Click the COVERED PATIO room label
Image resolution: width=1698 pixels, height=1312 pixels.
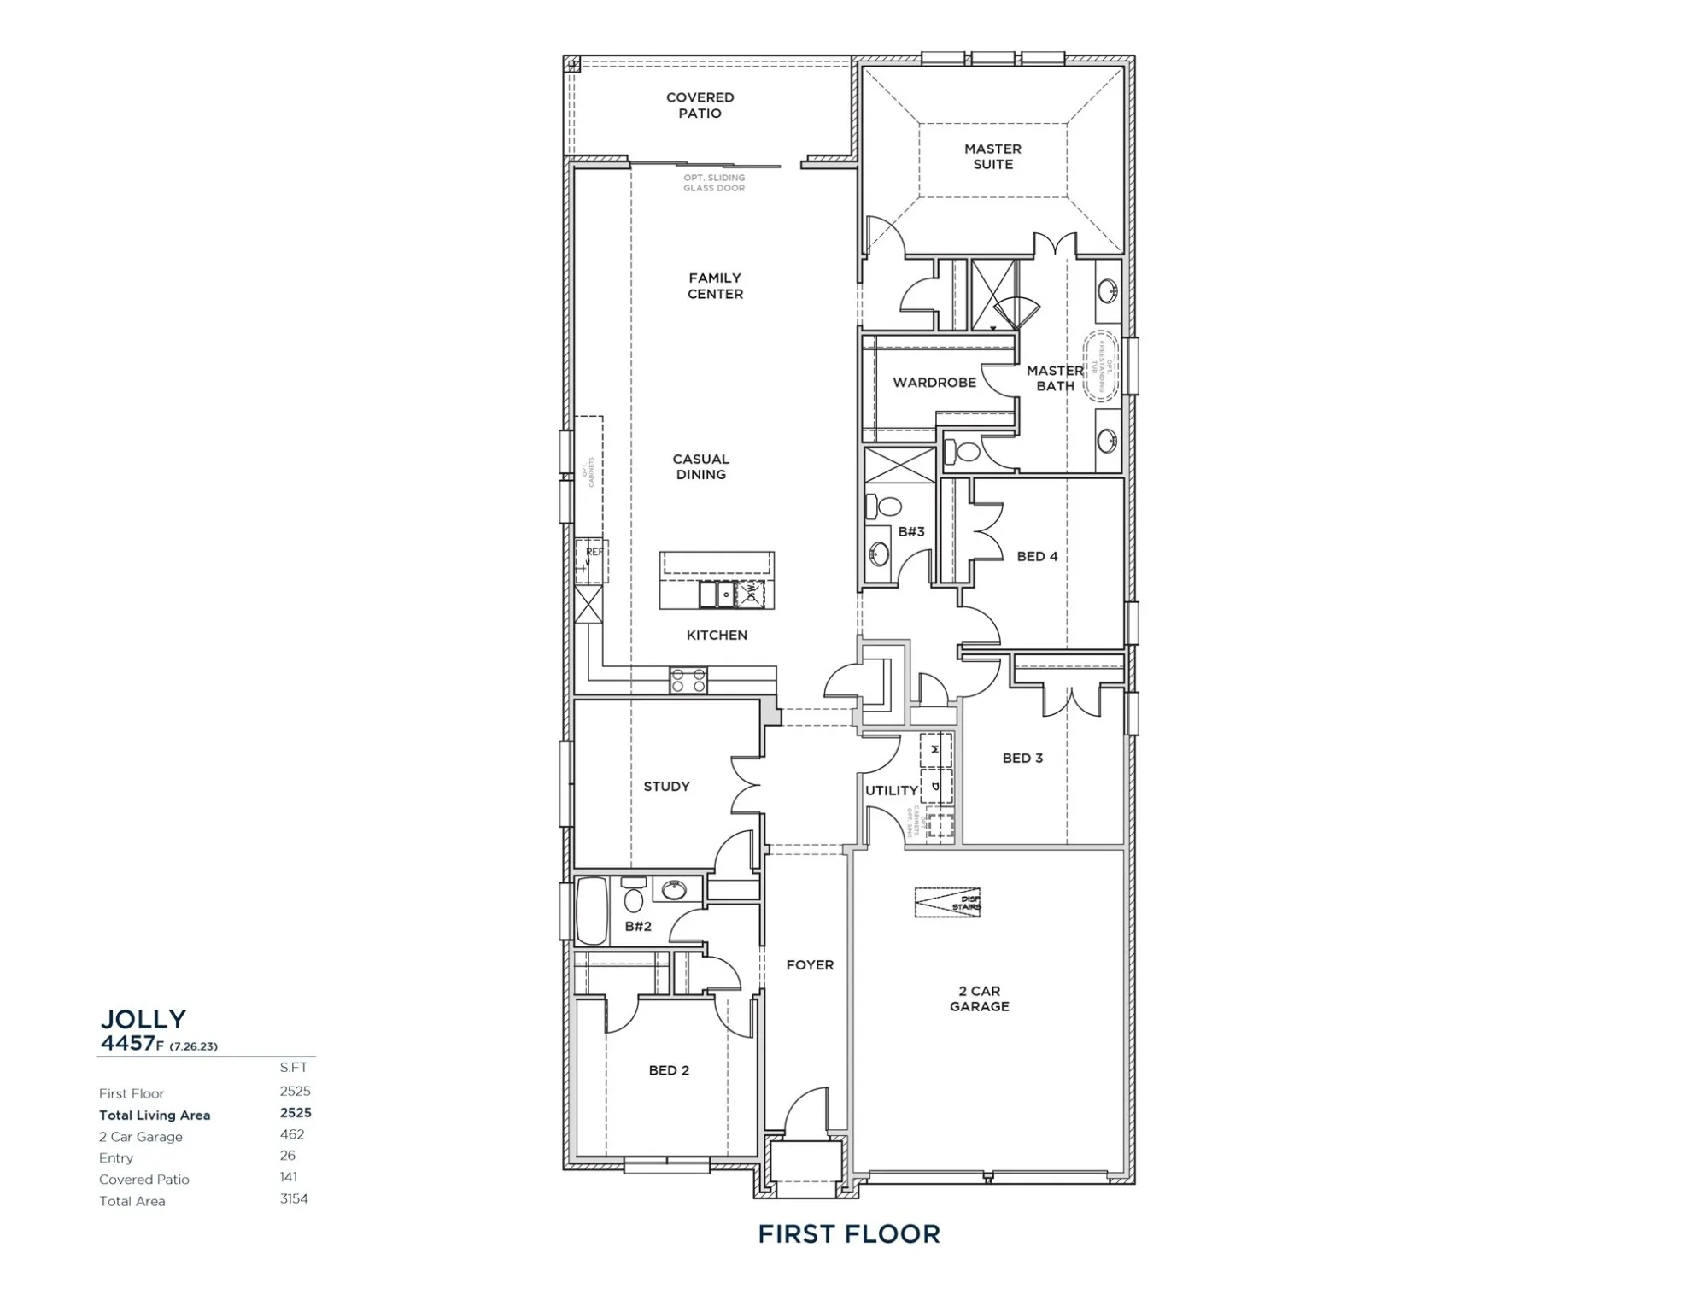click(x=700, y=105)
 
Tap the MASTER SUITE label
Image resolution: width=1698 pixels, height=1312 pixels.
click(x=992, y=156)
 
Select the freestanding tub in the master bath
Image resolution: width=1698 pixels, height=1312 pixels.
click(x=1100, y=366)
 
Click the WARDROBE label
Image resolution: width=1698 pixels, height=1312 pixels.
click(x=934, y=383)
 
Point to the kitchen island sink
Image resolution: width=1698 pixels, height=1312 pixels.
click(x=717, y=593)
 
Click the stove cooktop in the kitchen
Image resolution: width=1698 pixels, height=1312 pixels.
click(x=688, y=681)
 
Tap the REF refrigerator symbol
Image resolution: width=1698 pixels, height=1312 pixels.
click(x=590, y=560)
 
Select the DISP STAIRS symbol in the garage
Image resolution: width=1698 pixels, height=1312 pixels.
click(x=947, y=902)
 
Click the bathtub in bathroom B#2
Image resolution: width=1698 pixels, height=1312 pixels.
click(x=590, y=910)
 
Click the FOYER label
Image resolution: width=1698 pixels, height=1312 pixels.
click(x=810, y=965)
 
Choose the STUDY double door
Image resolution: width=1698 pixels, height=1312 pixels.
click(x=746, y=783)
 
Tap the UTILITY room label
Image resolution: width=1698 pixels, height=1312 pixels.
click(x=891, y=791)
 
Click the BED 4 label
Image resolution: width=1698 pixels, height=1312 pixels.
click(x=1037, y=557)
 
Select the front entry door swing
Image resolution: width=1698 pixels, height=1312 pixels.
click(x=806, y=1113)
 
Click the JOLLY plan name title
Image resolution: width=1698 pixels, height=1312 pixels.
click(x=143, y=1019)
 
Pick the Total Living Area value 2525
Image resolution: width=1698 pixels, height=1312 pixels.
click(x=296, y=1113)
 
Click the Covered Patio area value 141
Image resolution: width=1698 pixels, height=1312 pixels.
click(x=289, y=1177)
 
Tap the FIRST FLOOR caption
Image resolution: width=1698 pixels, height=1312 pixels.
click(x=848, y=1234)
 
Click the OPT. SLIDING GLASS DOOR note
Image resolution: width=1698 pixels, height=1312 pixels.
click(x=714, y=183)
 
